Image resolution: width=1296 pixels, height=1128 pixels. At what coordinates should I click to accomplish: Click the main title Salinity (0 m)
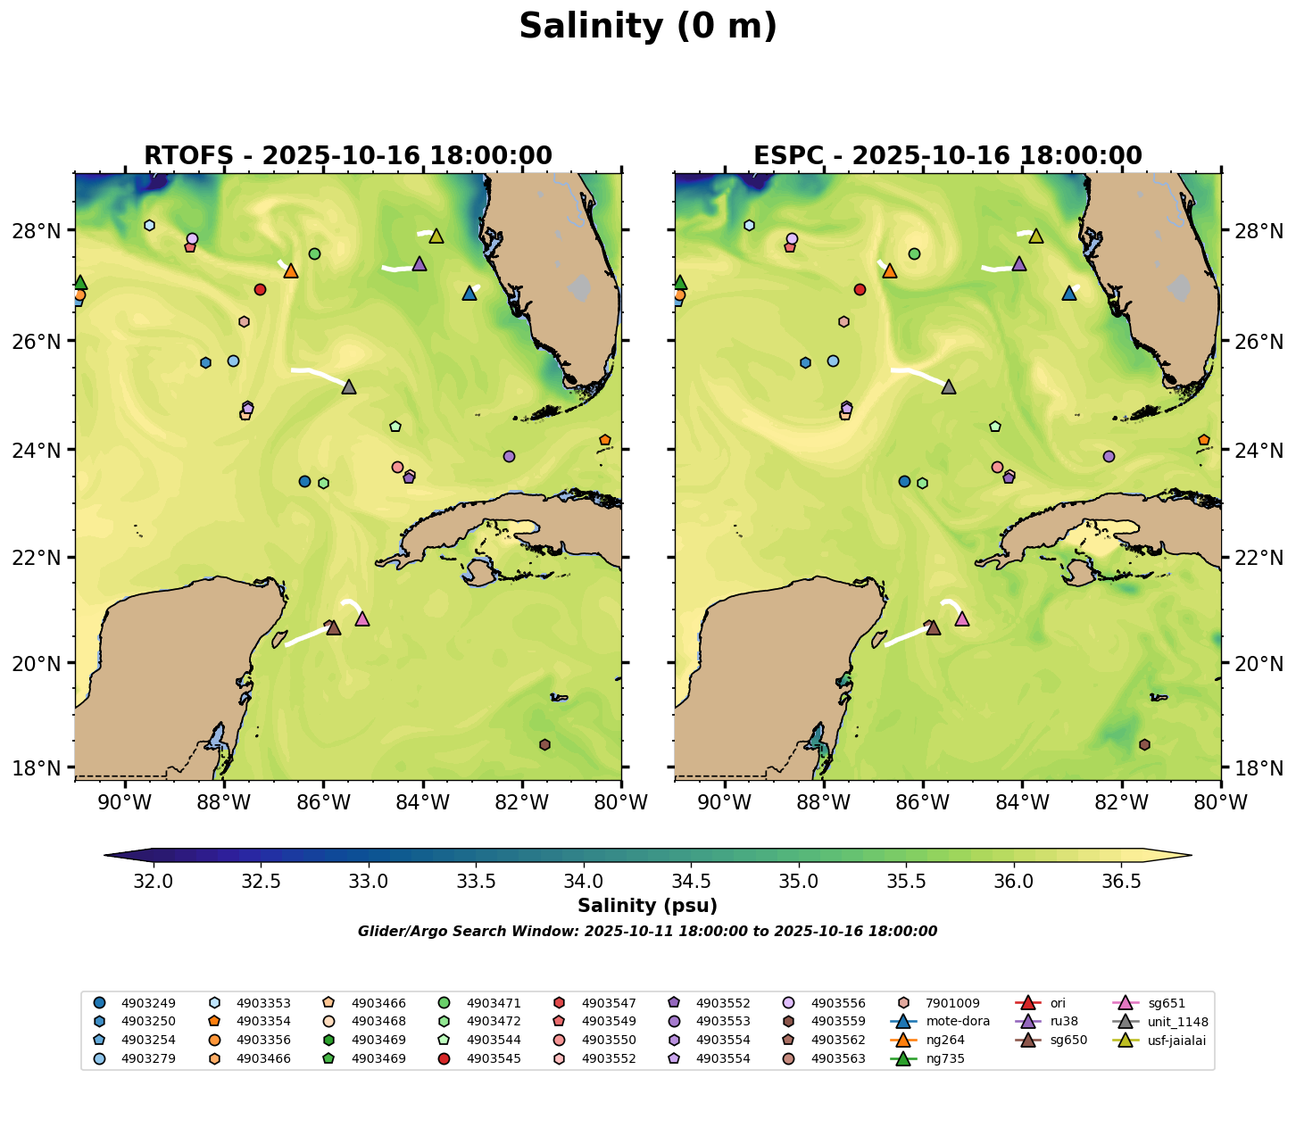648,27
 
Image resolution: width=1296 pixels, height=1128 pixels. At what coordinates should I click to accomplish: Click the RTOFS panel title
348,155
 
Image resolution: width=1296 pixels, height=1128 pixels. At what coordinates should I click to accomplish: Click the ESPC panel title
948,155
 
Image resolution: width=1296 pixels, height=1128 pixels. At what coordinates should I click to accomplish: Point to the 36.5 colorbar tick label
1121,882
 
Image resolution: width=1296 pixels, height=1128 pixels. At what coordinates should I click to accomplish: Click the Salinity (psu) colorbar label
647,906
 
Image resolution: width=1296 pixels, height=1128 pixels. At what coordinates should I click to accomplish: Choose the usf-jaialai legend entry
1177,1040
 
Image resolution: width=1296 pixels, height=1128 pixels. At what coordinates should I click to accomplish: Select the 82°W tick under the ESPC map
1121,804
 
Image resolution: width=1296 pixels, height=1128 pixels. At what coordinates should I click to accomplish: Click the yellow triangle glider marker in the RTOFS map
436,236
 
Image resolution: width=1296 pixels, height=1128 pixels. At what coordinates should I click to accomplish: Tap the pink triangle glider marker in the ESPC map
962,619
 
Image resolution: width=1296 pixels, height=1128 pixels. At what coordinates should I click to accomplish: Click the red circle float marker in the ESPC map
860,289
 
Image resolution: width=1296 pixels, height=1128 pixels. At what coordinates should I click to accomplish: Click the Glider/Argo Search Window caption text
647,932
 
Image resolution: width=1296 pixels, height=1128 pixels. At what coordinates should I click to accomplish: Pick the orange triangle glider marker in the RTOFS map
291,271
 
